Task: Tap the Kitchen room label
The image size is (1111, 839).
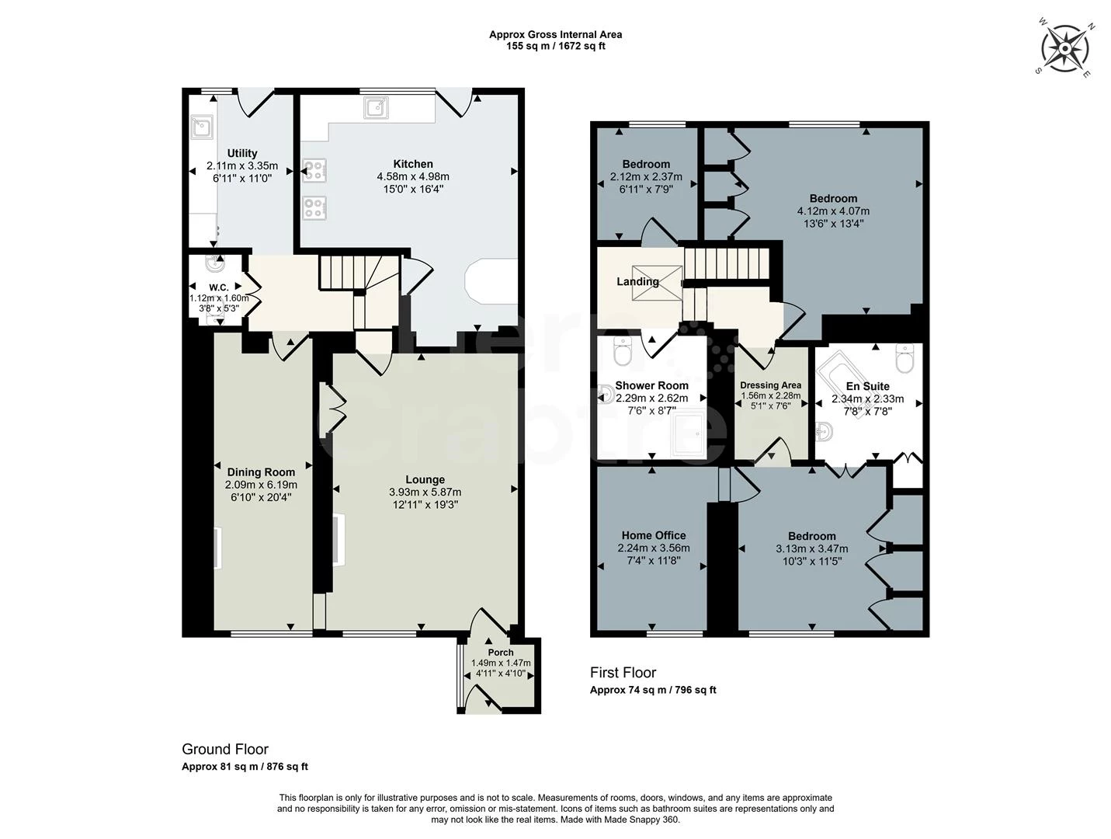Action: point(413,164)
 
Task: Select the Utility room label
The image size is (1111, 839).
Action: point(242,153)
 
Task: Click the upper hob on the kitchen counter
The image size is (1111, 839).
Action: point(315,170)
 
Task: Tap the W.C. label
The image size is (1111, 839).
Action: point(218,287)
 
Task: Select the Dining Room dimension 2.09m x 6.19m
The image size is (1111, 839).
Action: point(261,485)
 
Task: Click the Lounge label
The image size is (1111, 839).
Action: point(425,479)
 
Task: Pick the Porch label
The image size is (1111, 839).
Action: point(501,653)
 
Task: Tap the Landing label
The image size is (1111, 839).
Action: point(637,281)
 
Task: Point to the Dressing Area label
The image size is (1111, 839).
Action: point(770,385)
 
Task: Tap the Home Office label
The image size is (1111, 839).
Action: point(653,535)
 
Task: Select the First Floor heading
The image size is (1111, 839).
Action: point(623,673)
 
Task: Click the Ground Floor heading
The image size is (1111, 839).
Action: point(225,749)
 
